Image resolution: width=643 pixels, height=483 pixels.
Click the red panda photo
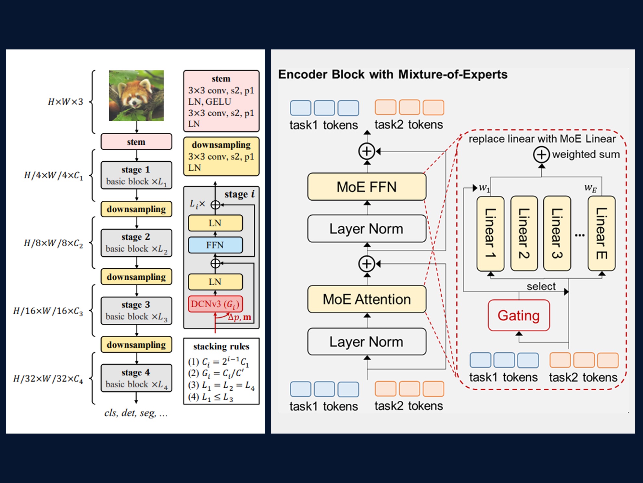point(136,96)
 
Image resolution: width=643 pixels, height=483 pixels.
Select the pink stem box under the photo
point(136,142)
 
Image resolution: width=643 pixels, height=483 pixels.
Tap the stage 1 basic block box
point(136,175)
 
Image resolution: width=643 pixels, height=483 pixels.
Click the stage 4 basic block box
point(136,378)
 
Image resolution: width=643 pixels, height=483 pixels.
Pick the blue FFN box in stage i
point(215,245)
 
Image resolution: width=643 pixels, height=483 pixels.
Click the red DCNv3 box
point(215,304)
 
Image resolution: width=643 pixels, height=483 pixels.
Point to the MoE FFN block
point(367,187)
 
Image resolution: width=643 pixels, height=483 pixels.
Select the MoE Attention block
point(367,299)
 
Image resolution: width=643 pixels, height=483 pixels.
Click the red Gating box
point(519,315)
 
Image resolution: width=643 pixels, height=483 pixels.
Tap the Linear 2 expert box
point(524,233)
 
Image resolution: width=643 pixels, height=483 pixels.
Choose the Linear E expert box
point(601,233)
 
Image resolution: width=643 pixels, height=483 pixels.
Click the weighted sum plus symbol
point(541,154)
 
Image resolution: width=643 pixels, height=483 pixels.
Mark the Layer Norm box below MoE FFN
point(367,229)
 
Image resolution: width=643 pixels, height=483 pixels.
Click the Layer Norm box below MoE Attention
point(367,342)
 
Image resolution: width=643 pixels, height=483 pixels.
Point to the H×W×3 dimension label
point(66,102)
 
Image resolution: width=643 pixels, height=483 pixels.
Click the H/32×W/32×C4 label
point(48,379)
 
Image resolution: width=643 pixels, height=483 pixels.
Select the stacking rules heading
point(221,346)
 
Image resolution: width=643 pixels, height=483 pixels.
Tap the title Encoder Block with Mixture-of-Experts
point(393,74)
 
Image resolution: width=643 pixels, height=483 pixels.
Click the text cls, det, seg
point(136,413)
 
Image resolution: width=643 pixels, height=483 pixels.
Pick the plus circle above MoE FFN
point(367,151)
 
